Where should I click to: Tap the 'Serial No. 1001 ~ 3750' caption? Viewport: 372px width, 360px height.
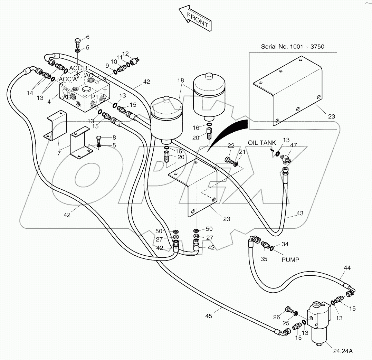pyautogui.click(x=292, y=46)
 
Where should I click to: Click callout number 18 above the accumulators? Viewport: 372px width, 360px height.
pyautogui.click(x=181, y=80)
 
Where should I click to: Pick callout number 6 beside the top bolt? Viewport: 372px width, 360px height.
pyautogui.click(x=87, y=37)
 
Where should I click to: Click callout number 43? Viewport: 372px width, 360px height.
pyautogui.click(x=299, y=213)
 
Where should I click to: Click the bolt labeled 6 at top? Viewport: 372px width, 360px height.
pyautogui.click(x=78, y=44)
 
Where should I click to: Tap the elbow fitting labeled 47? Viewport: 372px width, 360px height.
pyautogui.click(x=286, y=159)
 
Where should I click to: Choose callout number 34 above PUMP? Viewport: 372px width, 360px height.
pyautogui.click(x=284, y=245)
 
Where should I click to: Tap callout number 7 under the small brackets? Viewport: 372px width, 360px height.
pyautogui.click(x=59, y=152)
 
